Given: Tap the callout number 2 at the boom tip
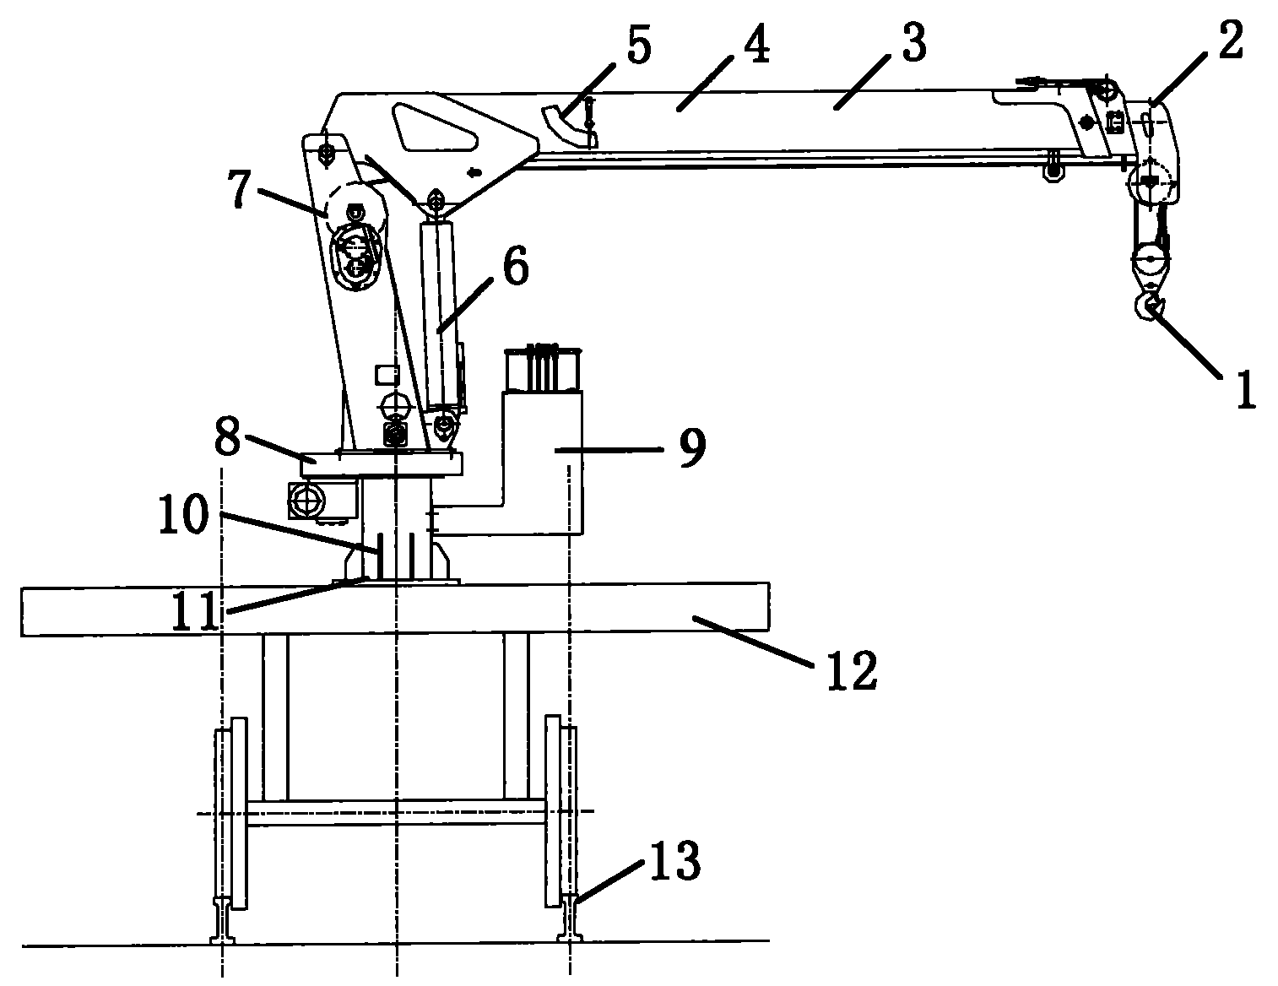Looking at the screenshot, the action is pyautogui.click(x=1230, y=41).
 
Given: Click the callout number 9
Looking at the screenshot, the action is pyautogui.click(x=692, y=447).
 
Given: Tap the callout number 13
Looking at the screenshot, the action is pyautogui.click(x=674, y=861).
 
